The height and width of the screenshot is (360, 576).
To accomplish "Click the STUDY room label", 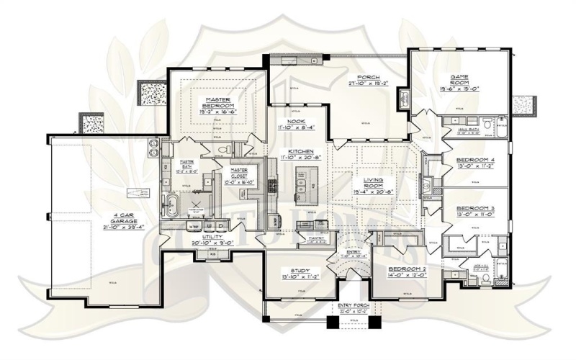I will [296, 271].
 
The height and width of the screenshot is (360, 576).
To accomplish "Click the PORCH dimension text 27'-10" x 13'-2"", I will [368, 83].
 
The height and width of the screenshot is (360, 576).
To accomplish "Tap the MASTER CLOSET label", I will [238, 171].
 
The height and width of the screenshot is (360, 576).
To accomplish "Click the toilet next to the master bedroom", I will [222, 149].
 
